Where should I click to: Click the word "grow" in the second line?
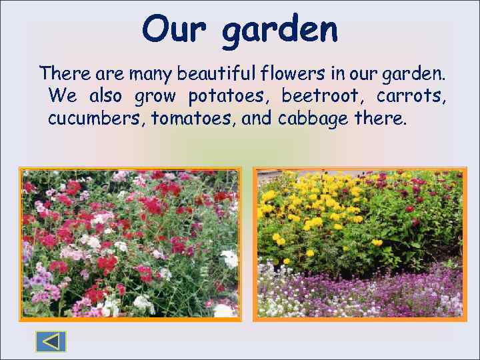pos(155,97)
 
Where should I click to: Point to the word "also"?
pos(105,96)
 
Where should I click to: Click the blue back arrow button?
pos(51,341)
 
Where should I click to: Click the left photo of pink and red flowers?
pos(130,243)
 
